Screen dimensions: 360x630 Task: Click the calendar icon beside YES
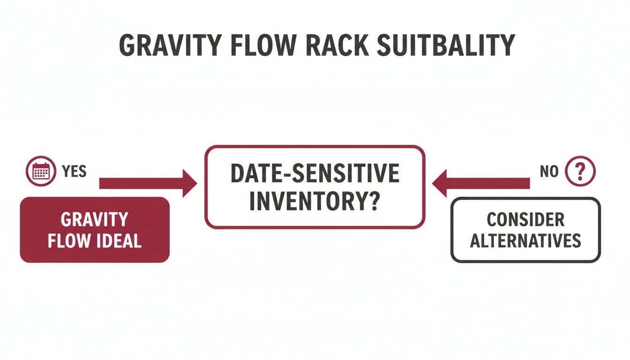(x=41, y=172)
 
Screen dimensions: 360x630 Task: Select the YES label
(x=74, y=172)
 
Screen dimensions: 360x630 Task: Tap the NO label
(x=549, y=172)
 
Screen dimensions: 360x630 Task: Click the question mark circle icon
(x=580, y=172)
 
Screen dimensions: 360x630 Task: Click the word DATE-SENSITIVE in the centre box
(x=315, y=174)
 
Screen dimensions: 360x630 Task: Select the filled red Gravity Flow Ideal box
(x=94, y=230)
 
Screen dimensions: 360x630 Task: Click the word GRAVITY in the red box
(x=94, y=219)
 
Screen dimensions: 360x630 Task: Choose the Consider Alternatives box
(x=525, y=230)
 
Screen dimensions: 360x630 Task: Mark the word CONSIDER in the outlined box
(x=525, y=219)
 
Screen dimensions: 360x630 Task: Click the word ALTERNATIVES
(x=525, y=241)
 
